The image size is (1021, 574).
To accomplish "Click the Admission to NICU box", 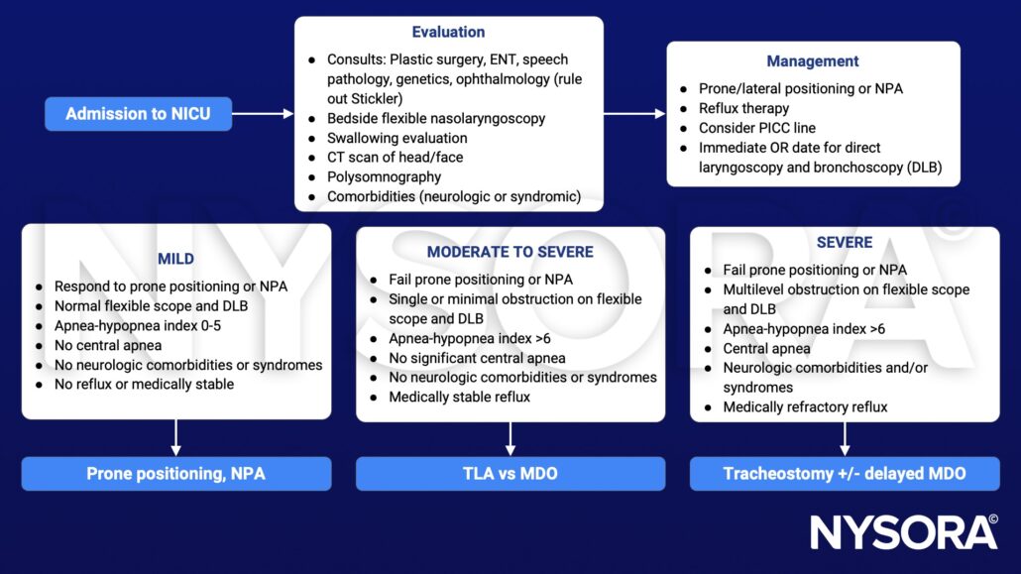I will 138,114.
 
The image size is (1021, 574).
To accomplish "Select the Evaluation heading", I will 448,32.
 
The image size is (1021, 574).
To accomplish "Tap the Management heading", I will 812,61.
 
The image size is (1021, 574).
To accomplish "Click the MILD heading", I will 175,259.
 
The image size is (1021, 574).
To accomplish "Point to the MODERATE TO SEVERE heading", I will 510,252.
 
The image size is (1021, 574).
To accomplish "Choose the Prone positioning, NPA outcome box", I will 175,474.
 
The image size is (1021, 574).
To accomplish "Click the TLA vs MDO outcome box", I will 510,474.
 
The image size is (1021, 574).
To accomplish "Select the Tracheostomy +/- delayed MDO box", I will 845,474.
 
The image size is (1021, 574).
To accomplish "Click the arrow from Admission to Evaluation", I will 263,114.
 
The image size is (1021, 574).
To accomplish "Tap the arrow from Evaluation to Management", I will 634,114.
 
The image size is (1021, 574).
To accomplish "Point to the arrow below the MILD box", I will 175,437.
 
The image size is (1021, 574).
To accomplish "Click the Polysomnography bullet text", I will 384,176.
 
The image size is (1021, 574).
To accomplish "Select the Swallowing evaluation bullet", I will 397,138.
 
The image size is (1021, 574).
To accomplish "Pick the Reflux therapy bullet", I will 743,108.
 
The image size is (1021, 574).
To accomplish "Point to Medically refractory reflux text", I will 805,406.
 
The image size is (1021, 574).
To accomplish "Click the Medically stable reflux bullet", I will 459,397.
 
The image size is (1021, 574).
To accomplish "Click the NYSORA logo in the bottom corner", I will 904,532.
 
